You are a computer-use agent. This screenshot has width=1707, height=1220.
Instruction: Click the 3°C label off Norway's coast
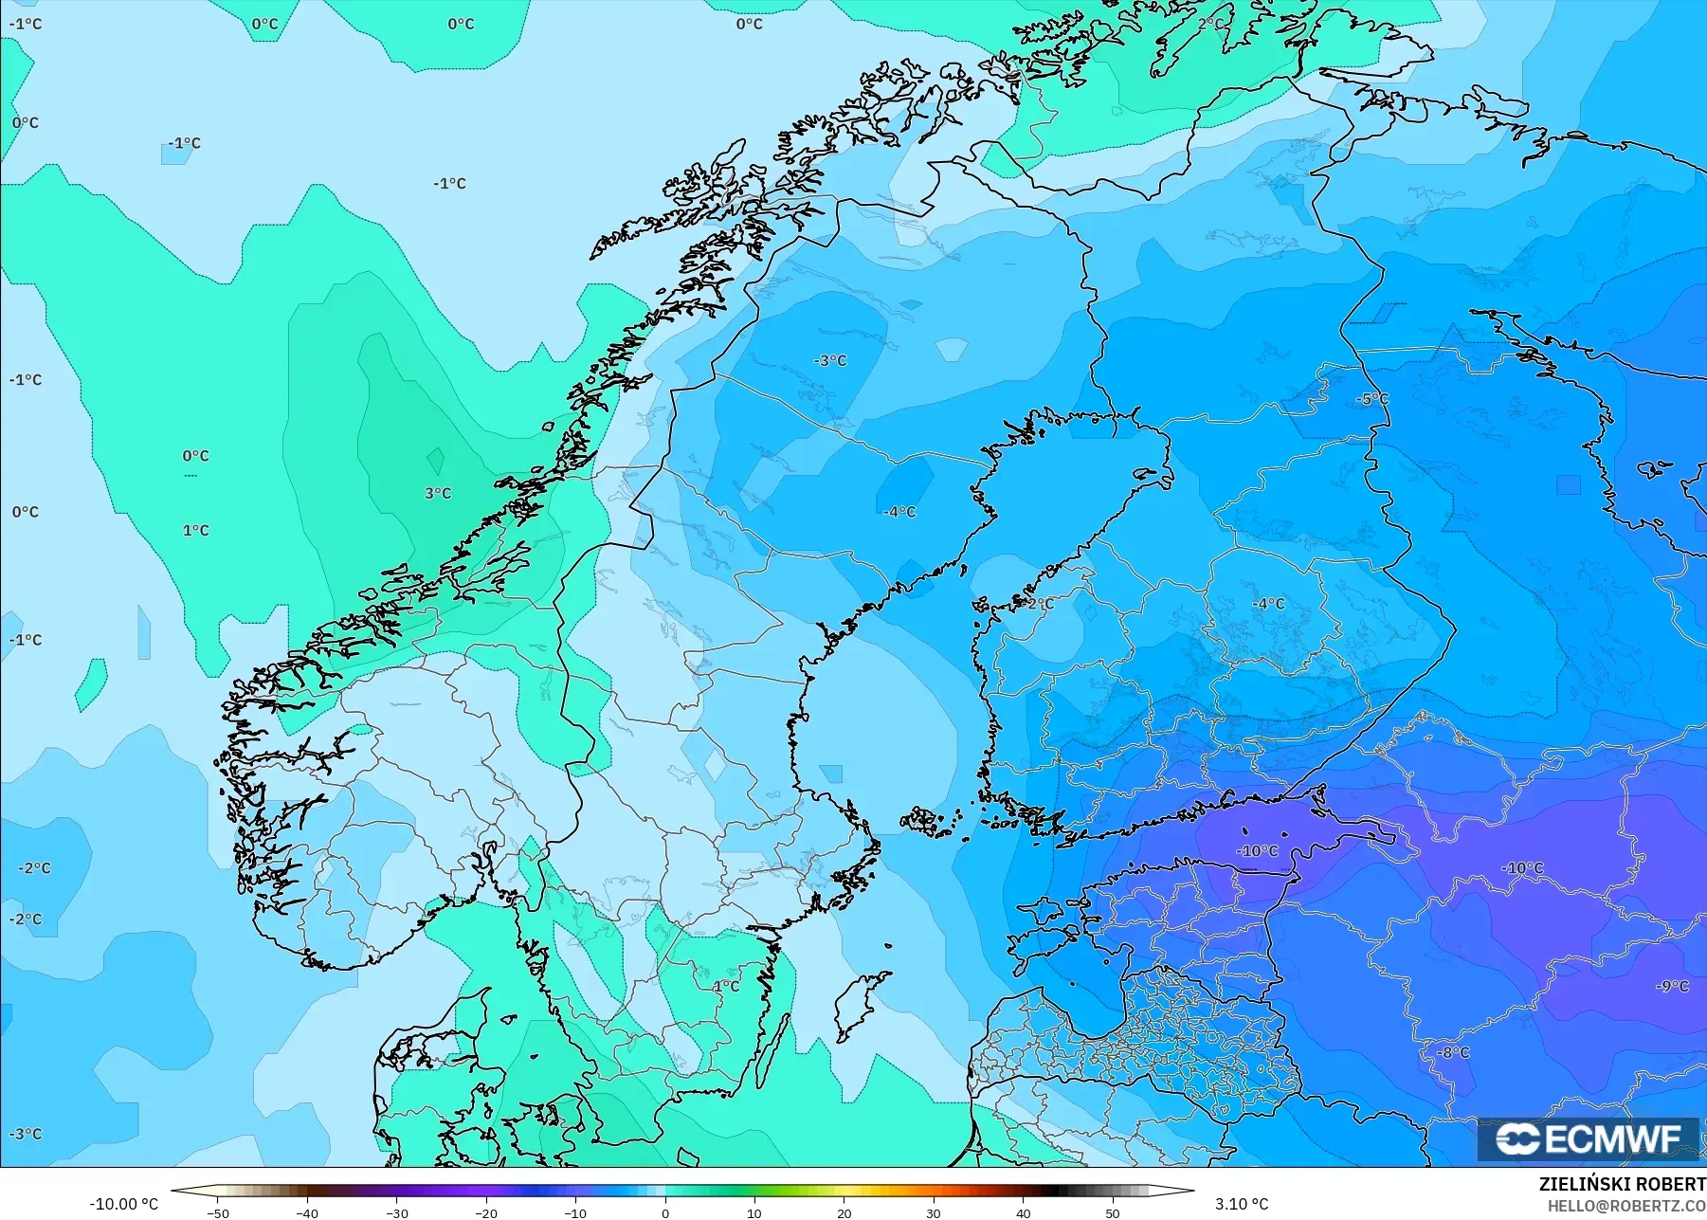point(438,494)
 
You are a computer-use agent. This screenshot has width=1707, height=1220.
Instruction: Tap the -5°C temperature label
point(1373,399)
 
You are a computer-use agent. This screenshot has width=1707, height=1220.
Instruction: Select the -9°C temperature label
point(1672,987)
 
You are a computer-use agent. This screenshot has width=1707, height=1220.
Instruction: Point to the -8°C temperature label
point(1453,1053)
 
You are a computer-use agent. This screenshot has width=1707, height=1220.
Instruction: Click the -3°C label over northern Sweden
point(830,361)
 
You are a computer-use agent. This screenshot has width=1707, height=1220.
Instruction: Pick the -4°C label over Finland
point(1268,604)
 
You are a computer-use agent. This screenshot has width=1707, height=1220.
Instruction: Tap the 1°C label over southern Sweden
point(726,987)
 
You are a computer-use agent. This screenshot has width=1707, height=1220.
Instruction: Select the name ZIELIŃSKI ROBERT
point(1622,1185)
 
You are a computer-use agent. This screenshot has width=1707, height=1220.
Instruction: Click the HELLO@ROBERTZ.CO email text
point(1626,1206)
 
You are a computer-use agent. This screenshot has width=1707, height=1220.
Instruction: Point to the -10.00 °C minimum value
point(123,1204)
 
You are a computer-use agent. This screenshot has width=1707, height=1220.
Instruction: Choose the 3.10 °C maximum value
point(1242,1204)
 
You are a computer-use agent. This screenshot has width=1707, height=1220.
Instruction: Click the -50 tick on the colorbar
point(218,1213)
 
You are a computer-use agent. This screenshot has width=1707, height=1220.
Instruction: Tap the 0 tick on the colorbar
point(665,1213)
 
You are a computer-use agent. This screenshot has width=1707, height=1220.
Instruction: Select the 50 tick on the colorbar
point(1113,1213)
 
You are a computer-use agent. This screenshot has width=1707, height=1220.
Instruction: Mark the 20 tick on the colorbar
point(844,1213)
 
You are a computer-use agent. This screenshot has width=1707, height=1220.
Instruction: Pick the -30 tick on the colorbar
point(397,1213)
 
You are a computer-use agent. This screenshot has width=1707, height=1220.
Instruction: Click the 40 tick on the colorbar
point(1024,1213)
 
